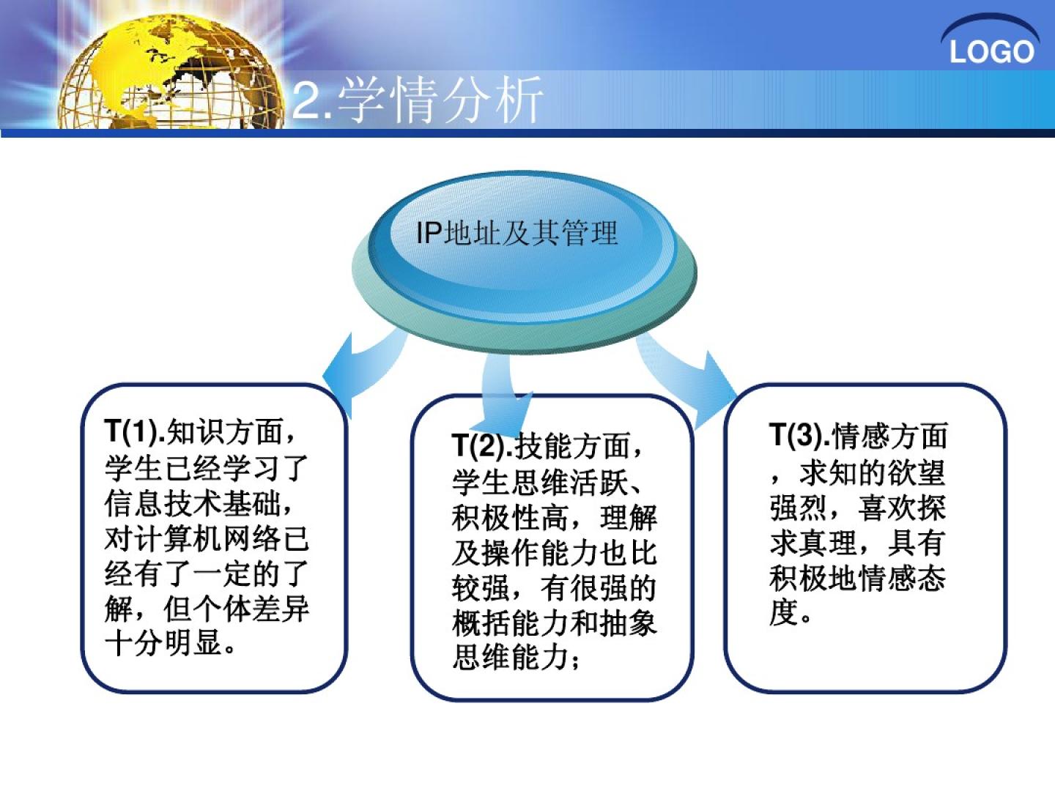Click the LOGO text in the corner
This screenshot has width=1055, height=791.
pyautogui.click(x=991, y=52)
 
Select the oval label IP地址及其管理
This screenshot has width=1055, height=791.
pyautogui.click(x=517, y=233)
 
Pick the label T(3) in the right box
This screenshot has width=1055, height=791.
pyautogui.click(x=799, y=435)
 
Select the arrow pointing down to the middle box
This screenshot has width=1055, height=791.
pyautogui.click(x=505, y=394)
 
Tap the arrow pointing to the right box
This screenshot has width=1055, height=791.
pyautogui.click(x=687, y=379)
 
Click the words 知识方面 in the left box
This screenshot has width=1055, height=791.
pyautogui.click(x=225, y=431)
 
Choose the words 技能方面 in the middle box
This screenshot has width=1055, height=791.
pyautogui.click(x=572, y=445)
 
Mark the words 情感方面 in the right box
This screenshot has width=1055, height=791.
pyautogui.click(x=889, y=436)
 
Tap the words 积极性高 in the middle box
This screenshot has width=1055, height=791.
pyautogui.click(x=510, y=518)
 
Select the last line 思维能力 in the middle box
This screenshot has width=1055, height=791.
pyautogui.click(x=510, y=658)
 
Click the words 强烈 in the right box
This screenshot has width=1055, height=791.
pyautogui.click(x=799, y=508)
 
